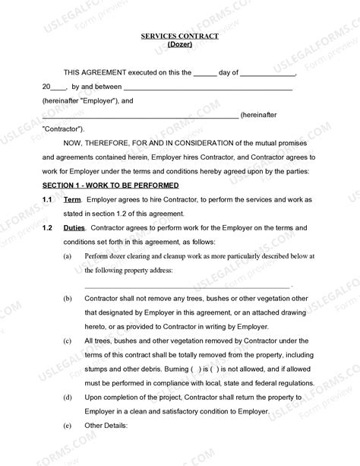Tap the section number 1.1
pyautogui.click(x=46, y=199)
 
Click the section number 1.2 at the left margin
pyautogui.click(x=46, y=228)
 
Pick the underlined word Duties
pyautogui.click(x=74, y=228)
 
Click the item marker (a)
pyautogui.click(x=68, y=257)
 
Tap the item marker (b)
pyautogui.click(x=68, y=300)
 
